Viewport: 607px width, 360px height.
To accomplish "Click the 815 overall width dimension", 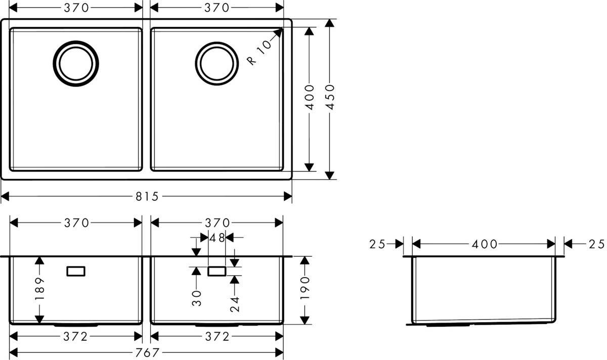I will pyautogui.click(x=147, y=196).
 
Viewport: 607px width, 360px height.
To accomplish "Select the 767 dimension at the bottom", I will pyautogui.click(x=147, y=352).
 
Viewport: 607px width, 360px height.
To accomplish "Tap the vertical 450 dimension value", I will pyautogui.click(x=330, y=99).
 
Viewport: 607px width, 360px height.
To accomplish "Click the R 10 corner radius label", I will pyautogui.click(x=259, y=52).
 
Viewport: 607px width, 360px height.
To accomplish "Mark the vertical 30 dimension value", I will pyautogui.click(x=196, y=298).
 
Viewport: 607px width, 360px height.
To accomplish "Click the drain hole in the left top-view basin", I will pyautogui.click(x=76, y=64).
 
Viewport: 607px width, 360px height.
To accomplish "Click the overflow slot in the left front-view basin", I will pyautogui.click(x=76, y=272).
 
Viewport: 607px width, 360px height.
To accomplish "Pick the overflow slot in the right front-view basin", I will pyautogui.click(x=217, y=272).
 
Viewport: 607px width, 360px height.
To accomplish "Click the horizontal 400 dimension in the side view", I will pyautogui.click(x=484, y=244).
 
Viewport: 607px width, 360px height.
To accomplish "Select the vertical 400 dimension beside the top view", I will pyautogui.click(x=310, y=99).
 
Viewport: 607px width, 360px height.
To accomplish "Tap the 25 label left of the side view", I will pyautogui.click(x=377, y=244).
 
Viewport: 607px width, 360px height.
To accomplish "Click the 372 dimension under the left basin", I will pyautogui.click(x=76, y=336).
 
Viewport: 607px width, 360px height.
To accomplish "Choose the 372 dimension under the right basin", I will pyautogui.click(x=217, y=336).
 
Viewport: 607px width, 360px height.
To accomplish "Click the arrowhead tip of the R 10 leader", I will pyautogui.click(x=281, y=29).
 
